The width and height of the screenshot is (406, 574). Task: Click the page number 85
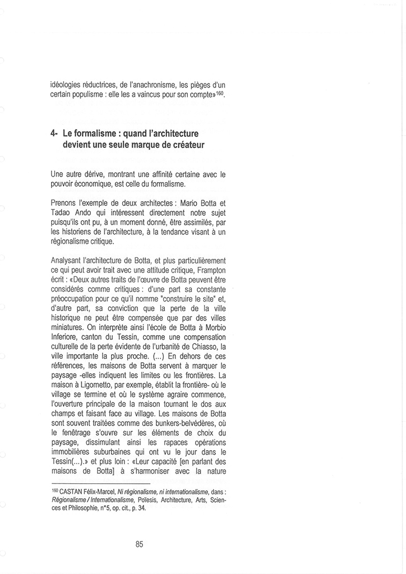[x=140, y=543]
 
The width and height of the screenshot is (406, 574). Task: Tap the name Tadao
[x=61, y=212]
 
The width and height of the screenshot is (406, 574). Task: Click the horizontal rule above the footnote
[x=101, y=483]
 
